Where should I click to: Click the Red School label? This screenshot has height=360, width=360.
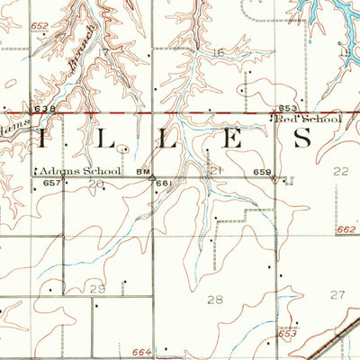point(308,119)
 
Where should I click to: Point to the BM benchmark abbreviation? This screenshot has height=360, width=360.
point(142,170)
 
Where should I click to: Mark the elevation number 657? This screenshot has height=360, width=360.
point(52,183)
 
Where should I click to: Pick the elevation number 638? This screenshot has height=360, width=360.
point(43,109)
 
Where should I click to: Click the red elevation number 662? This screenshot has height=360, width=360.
point(347,230)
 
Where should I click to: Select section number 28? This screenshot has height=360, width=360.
point(215,299)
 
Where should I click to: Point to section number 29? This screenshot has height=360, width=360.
point(96,288)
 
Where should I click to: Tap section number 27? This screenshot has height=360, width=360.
point(337,294)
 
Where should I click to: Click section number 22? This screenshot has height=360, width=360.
point(340,170)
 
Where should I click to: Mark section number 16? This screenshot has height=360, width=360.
point(219,53)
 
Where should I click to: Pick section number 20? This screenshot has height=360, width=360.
point(97,184)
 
